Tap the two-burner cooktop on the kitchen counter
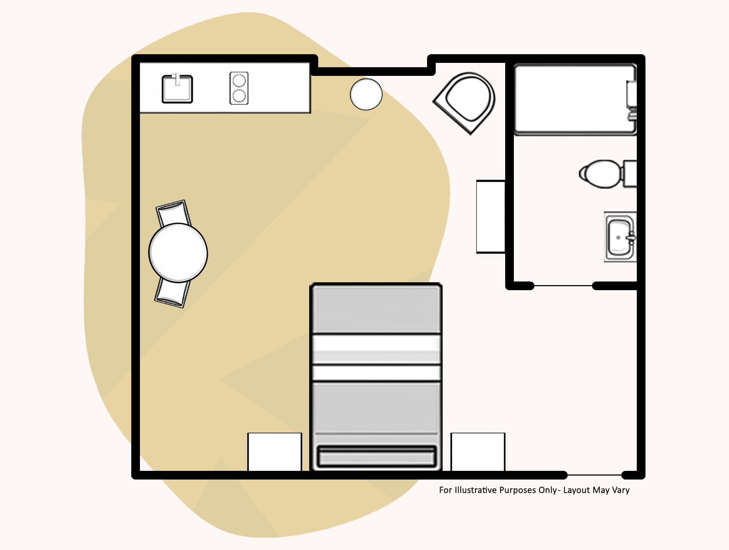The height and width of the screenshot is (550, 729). point(239,88)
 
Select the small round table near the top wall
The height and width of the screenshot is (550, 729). point(366,94)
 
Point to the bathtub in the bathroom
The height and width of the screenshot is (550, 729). point(573,99)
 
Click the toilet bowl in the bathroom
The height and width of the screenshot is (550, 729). point(600,174)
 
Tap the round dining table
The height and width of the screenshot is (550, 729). point(178,253)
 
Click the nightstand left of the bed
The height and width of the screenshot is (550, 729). point(274,452)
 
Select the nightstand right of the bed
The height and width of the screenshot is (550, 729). point(478,452)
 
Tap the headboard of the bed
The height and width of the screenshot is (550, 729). point(376,457)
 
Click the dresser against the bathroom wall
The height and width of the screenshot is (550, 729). point(490,216)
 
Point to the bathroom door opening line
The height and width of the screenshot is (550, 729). point(563,286)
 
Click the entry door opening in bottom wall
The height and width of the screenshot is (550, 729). point(594,475)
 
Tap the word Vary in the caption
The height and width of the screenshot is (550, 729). point(621,490)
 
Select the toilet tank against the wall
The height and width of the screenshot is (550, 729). point(630,174)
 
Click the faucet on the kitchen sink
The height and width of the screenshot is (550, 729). point(178,79)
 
